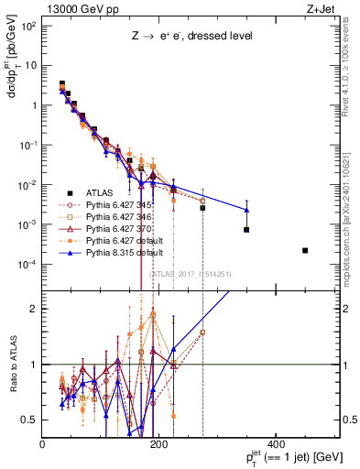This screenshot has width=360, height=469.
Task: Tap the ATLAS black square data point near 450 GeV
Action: pyautogui.click(x=305, y=250)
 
